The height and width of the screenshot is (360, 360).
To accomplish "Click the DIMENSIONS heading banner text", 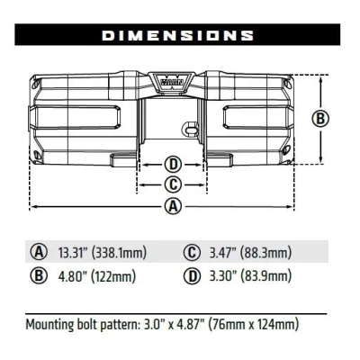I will click(176, 35).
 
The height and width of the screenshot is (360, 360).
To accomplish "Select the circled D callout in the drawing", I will click(174, 165).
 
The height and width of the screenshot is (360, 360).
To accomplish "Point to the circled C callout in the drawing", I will click(174, 184).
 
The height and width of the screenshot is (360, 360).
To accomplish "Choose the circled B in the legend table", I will click(39, 275).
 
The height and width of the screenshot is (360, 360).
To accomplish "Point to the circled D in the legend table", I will click(191, 275).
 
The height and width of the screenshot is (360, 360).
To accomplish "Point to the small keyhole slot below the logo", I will click(189, 127).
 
